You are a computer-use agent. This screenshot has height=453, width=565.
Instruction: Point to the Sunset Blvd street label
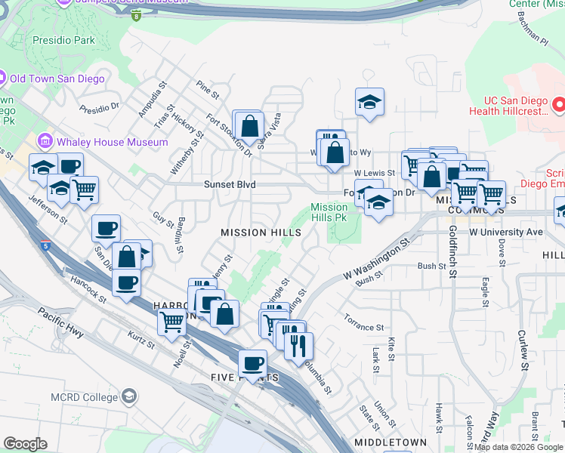point(230,184)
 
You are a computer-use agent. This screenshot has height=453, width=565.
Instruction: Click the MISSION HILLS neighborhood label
point(261,233)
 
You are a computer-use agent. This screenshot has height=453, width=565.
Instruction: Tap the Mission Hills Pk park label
point(329,212)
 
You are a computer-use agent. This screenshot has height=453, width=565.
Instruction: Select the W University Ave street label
point(506,232)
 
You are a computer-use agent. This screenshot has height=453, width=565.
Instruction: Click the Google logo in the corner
point(25,444)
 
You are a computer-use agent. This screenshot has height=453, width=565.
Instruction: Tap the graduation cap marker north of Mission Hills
point(369,102)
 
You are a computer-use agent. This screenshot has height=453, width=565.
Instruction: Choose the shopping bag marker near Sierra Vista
point(251,126)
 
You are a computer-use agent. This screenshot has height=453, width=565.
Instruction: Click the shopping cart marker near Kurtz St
point(171,321)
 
